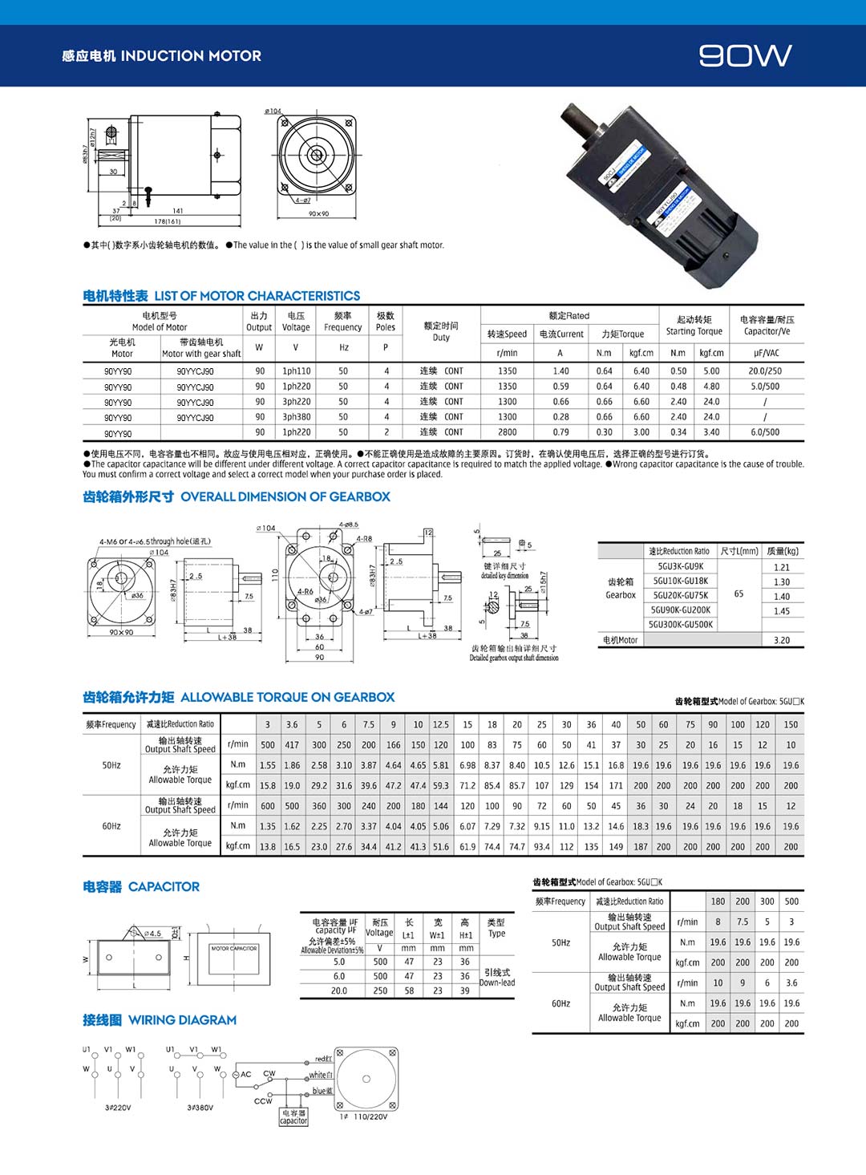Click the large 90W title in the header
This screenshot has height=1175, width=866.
(x=745, y=55)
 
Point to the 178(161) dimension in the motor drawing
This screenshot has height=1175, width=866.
(x=168, y=221)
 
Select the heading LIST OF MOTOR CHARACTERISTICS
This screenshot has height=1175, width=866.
(x=257, y=296)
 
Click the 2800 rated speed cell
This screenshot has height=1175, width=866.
(x=507, y=432)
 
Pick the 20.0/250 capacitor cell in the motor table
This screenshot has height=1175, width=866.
(x=765, y=371)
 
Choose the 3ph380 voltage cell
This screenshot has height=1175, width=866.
(x=296, y=417)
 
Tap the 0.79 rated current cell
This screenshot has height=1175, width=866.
(x=560, y=432)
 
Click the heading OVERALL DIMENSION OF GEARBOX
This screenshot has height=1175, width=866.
(x=285, y=496)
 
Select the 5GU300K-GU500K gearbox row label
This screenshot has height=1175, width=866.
(x=681, y=625)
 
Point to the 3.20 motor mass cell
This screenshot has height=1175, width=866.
(x=782, y=640)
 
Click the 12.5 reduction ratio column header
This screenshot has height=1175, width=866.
(x=441, y=724)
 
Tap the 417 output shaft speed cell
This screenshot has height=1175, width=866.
(x=292, y=745)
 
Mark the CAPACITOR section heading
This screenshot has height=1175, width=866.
(x=164, y=886)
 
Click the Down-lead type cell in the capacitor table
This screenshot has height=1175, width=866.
(x=497, y=977)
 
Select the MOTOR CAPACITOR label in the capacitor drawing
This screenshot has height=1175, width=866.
(x=233, y=949)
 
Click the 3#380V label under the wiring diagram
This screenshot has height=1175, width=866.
(x=200, y=1108)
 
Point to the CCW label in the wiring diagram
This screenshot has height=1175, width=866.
(x=263, y=1101)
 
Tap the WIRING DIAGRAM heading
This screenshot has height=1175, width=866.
(x=182, y=1020)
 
